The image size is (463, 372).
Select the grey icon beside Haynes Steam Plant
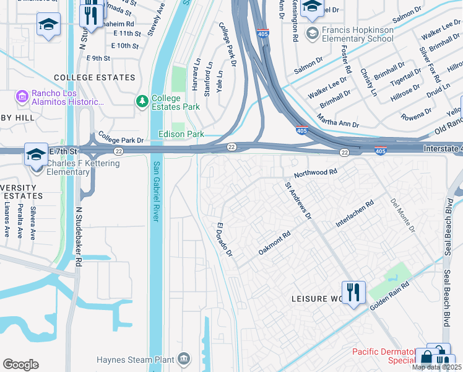184,359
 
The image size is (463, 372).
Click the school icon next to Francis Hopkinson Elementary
313,33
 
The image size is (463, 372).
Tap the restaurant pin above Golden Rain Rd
353,291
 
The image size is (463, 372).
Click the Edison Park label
181,134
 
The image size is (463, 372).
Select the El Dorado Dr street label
224,240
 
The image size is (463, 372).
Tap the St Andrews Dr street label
298,201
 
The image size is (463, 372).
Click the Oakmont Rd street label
274,243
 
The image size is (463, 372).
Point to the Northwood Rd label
316,173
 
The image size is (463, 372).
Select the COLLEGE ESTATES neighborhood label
94,77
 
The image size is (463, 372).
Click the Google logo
20,364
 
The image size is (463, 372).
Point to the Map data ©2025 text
436,367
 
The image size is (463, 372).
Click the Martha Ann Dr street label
337,120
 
